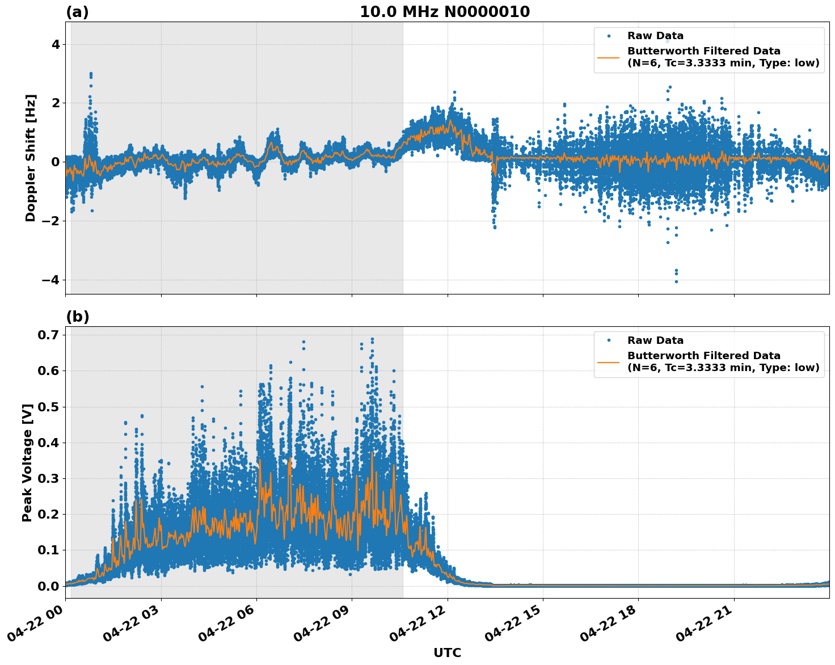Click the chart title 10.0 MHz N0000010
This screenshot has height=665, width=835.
tap(445, 12)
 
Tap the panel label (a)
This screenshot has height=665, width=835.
tap(77, 12)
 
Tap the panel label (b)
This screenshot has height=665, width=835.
tap(77, 317)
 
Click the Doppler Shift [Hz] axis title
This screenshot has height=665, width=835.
tap(31, 158)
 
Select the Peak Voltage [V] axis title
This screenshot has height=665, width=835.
tap(27, 462)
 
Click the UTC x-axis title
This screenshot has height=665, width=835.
tap(447, 653)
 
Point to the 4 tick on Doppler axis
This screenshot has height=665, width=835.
tap(56, 44)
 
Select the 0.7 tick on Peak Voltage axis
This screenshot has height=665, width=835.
tap(48, 335)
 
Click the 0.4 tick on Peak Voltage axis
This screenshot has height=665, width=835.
tap(48, 443)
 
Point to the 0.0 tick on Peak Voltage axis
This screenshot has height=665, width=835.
tap(48, 586)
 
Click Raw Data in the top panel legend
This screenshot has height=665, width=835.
tap(655, 36)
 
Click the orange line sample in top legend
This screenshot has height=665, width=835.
tap(608, 57)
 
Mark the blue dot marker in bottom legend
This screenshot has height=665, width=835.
tap(608, 340)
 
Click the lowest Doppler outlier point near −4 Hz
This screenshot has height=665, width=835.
tap(676, 281)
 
